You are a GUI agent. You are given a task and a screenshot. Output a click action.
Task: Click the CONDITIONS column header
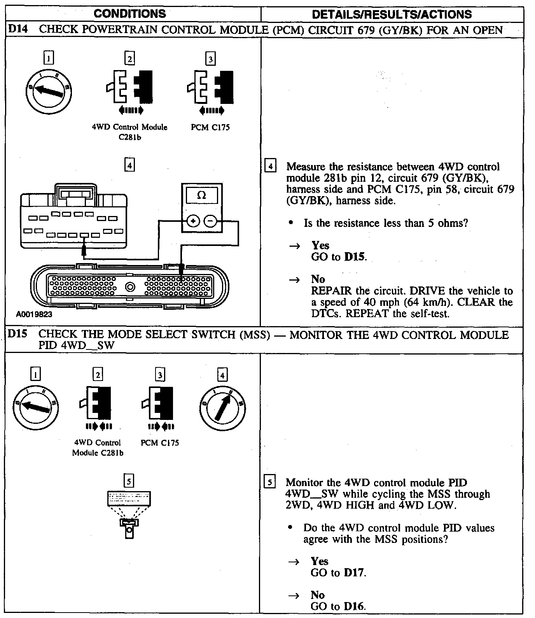(x=130, y=14)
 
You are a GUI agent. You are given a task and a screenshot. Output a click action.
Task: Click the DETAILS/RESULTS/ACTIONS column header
(x=392, y=15)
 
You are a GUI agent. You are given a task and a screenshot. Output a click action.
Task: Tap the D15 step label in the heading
(x=17, y=334)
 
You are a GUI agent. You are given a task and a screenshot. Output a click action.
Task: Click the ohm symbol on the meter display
(x=201, y=195)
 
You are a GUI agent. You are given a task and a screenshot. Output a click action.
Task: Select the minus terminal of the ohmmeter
(x=210, y=221)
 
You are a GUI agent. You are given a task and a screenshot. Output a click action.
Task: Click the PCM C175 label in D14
(x=210, y=127)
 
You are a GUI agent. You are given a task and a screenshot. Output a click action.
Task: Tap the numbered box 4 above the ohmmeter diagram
(x=129, y=165)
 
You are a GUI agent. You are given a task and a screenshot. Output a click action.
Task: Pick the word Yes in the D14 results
(x=320, y=245)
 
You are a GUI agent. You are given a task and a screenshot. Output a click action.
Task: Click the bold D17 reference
(x=354, y=572)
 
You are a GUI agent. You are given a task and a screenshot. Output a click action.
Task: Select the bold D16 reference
(x=354, y=606)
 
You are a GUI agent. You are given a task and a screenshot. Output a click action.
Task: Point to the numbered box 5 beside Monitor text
(x=269, y=482)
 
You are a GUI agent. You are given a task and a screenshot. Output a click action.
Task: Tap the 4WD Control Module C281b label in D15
(x=98, y=448)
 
